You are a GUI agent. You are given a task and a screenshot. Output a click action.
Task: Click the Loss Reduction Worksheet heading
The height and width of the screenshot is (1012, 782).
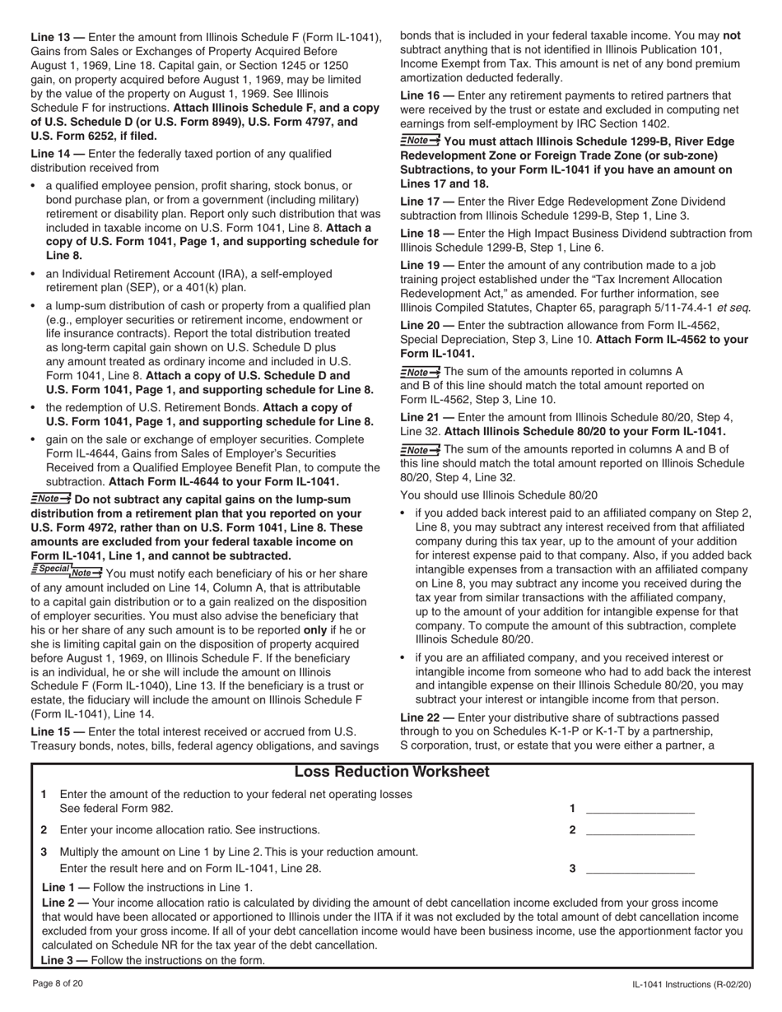point(391,772)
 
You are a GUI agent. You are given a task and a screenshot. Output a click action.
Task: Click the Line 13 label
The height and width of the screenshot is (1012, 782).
point(51,37)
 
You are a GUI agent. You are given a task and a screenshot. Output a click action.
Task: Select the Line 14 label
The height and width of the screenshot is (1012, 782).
point(51,154)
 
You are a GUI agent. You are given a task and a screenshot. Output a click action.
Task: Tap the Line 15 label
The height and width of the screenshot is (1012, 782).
point(51,731)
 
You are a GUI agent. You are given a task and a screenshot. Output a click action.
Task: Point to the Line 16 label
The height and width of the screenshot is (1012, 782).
point(421,96)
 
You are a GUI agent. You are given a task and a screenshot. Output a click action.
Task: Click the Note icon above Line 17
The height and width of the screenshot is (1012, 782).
point(420,140)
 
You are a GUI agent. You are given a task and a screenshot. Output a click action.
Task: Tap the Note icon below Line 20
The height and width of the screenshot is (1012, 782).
point(420,372)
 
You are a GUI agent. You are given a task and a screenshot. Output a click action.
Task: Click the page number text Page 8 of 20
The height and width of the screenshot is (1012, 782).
point(57,983)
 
